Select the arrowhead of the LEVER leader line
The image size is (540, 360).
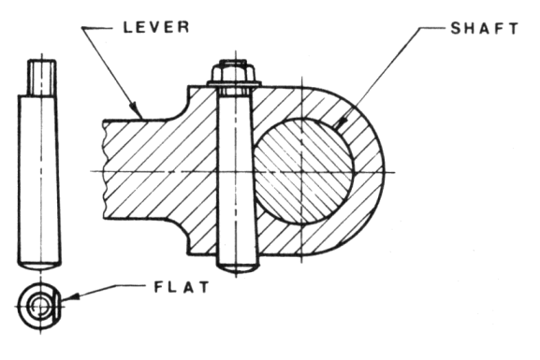pyautogui.click(x=140, y=114)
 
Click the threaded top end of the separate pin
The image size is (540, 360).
pyautogui.click(x=40, y=77)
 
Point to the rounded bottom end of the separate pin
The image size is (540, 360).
pyautogui.click(x=40, y=263)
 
